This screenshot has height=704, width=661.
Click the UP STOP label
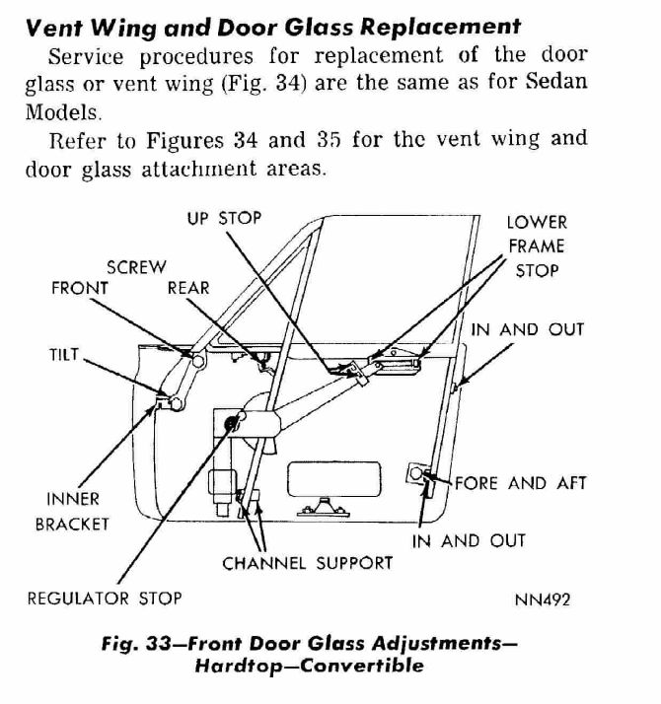click(x=224, y=218)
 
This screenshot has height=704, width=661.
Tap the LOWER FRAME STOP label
click(x=537, y=246)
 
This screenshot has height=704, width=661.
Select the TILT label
click(x=64, y=355)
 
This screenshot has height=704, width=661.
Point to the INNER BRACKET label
click(x=72, y=512)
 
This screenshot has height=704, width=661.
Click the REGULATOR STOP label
click(x=105, y=598)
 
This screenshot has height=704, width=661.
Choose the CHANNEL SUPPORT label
click(x=308, y=563)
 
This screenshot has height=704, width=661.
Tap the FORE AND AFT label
click(x=521, y=483)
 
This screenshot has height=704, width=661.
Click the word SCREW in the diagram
click(x=136, y=267)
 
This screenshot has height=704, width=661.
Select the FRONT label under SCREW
click(x=80, y=288)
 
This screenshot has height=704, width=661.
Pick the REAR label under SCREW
click(x=188, y=288)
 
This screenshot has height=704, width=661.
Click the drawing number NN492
click(x=543, y=599)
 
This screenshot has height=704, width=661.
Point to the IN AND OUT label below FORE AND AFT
click(x=469, y=541)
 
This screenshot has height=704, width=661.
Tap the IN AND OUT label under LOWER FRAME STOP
click(x=528, y=330)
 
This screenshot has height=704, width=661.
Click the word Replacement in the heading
click(x=441, y=27)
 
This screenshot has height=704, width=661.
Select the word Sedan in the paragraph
click(x=556, y=81)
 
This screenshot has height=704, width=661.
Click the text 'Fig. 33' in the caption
click(x=136, y=644)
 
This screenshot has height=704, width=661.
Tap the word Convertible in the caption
click(x=362, y=666)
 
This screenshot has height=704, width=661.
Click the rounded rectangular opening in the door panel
click(x=333, y=479)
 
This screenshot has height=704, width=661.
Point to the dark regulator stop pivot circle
click(x=231, y=422)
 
